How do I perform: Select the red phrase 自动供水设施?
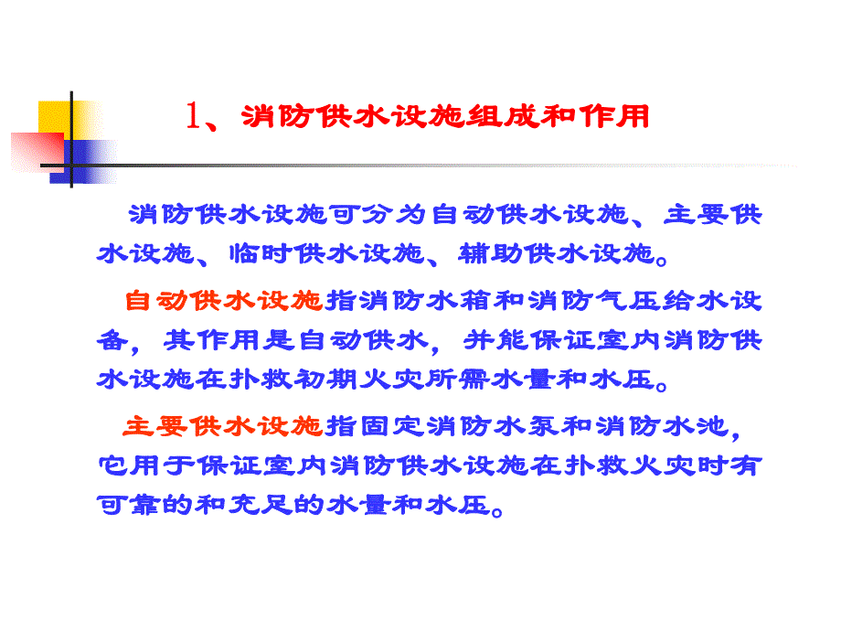[224, 299]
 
